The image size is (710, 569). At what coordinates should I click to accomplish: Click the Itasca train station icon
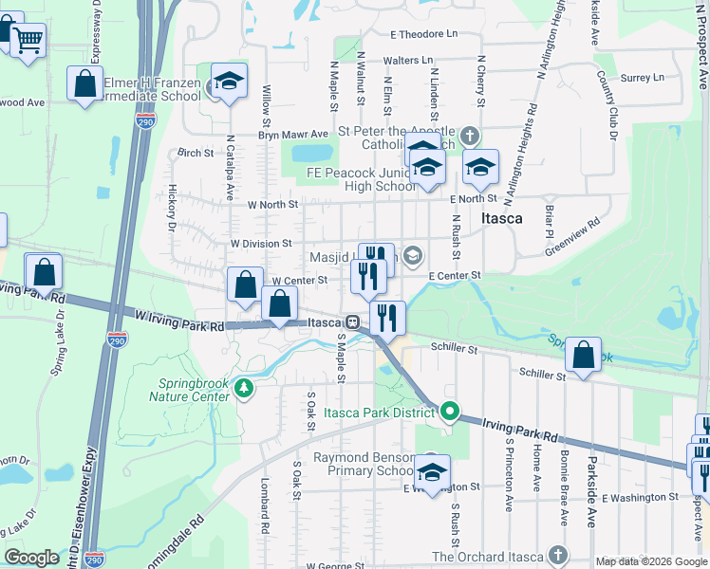[x=351, y=322]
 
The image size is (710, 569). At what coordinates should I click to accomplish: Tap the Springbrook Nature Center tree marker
[x=244, y=388]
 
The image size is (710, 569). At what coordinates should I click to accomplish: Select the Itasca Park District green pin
[x=451, y=412]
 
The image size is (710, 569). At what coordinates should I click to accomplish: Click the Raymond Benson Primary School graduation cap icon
[x=432, y=470]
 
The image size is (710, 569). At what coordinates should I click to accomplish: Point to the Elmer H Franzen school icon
[x=228, y=83]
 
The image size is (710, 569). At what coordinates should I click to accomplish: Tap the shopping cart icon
[x=28, y=40]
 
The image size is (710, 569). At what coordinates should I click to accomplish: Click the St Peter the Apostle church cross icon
[x=470, y=136]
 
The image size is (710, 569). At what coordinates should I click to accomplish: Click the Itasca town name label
[x=501, y=218]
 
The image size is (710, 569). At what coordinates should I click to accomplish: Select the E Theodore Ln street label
[x=422, y=33]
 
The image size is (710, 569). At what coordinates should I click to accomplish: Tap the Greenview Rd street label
[x=573, y=237]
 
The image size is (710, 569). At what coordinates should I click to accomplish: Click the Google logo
[x=31, y=558]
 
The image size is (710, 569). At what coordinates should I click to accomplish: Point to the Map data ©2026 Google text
[x=650, y=561]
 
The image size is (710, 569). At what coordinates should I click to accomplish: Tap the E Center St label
[x=456, y=275]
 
